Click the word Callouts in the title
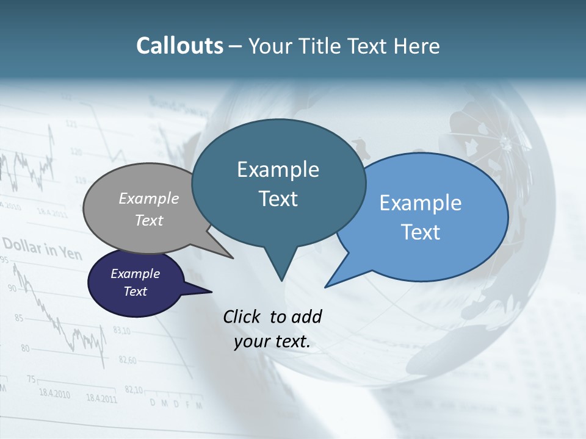[180, 46]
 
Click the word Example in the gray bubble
[149, 198]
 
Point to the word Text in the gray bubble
[149, 220]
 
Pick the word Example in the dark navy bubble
[135, 274]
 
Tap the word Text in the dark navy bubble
[135, 291]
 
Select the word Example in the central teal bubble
[278, 170]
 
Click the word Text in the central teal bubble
[278, 199]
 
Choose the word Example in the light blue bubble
[421, 203]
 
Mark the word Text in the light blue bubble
[421, 232]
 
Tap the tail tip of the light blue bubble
[326, 286]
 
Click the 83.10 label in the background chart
[121, 331]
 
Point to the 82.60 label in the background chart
[127, 360]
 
